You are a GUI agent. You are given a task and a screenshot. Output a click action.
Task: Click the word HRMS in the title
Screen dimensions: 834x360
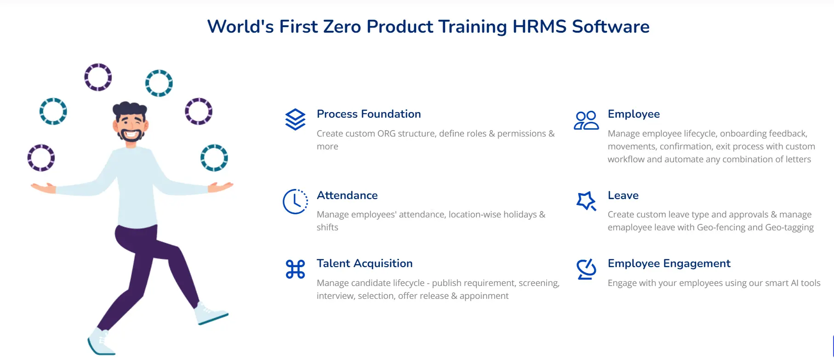539,27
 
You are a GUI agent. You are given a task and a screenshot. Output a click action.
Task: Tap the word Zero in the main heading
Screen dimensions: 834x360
342,27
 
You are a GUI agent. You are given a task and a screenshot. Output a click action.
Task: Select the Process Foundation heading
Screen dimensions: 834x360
369,114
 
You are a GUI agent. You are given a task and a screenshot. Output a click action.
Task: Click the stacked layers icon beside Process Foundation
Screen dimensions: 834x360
295,120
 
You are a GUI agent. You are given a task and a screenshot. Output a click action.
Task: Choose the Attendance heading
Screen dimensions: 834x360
347,195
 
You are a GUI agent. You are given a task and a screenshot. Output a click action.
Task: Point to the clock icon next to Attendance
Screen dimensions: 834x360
295,201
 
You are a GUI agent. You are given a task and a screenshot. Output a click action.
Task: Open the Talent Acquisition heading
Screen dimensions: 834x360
365,263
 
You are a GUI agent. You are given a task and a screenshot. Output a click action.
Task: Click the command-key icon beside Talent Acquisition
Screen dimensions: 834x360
295,269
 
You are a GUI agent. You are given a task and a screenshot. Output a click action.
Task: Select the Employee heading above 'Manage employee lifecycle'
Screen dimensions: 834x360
634,114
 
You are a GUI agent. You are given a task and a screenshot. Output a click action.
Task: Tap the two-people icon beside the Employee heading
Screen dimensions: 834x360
586,120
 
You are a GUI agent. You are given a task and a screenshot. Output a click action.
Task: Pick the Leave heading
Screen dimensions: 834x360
623,195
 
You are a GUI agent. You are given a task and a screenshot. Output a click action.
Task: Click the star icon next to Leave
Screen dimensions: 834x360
586,201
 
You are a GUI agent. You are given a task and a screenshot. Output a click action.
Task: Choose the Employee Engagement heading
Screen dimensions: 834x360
669,263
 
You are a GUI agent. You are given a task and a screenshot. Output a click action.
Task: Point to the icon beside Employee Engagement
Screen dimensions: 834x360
586,269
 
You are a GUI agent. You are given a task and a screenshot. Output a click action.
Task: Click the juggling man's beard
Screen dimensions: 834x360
131,135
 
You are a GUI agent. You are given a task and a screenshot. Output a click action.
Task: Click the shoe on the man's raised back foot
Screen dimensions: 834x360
210,314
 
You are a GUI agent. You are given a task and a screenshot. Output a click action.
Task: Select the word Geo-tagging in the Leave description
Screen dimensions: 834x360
789,228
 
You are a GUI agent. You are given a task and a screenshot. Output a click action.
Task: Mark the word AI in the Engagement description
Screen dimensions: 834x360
794,283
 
